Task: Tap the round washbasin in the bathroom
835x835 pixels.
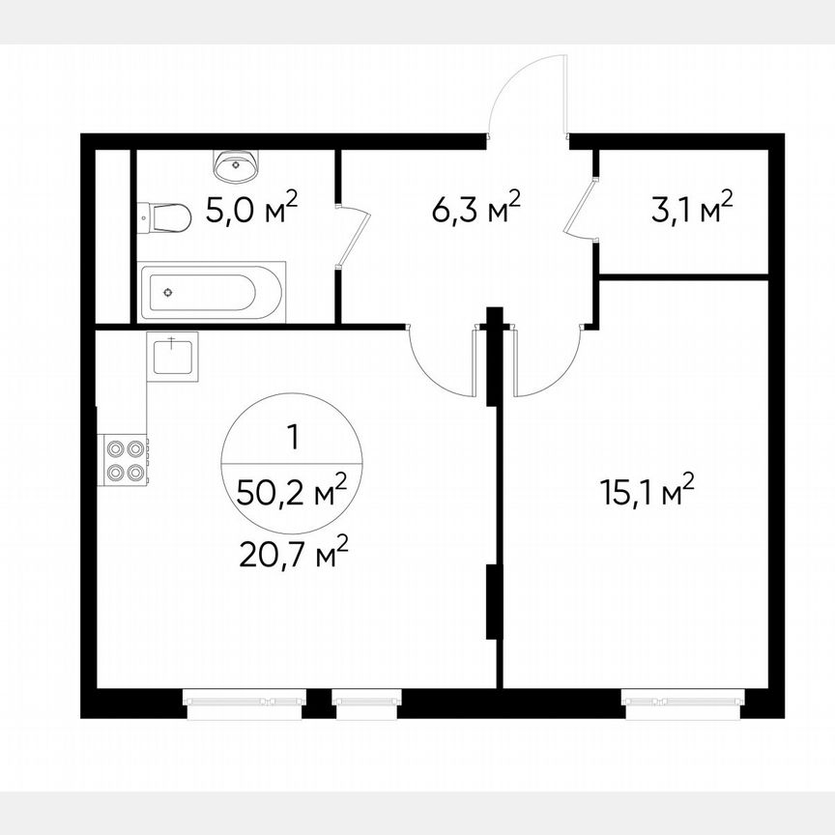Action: click(x=236, y=166)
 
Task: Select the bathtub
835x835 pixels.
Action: click(x=214, y=292)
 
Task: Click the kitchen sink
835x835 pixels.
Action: click(x=173, y=355)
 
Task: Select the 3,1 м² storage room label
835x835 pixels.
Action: click(x=692, y=208)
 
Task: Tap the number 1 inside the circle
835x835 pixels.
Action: click(x=293, y=437)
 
